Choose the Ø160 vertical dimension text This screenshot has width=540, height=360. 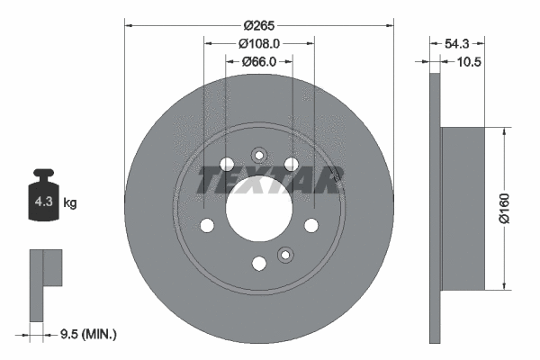coord(517,208)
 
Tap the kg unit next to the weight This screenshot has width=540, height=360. coord(70,203)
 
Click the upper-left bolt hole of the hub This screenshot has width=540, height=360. coord(227,165)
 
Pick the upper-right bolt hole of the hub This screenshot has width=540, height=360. coord(292,164)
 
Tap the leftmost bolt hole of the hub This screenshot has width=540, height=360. coord(207,225)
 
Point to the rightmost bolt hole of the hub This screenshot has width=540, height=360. coord(311,225)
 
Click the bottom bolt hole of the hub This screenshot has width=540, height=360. coord(259,263)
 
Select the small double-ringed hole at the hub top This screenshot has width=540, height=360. coord(259,153)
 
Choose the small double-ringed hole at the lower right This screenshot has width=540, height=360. coord(286,255)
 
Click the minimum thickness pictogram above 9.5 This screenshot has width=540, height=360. coord(43,283)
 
